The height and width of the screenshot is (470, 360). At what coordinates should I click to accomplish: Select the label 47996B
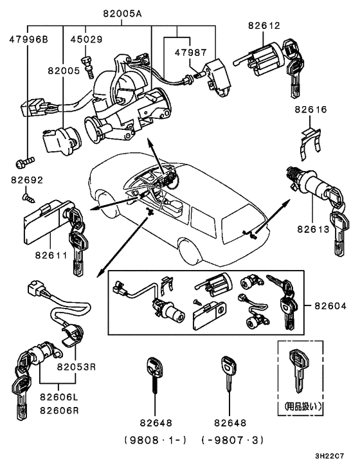click(28, 39)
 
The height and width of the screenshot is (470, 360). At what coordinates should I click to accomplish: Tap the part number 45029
click(85, 39)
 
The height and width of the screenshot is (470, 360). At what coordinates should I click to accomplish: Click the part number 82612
click(264, 25)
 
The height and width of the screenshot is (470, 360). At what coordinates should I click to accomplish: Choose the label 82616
click(311, 109)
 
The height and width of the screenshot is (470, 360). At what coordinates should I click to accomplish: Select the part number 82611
click(51, 255)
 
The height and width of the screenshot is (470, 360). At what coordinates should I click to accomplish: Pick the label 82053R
click(76, 368)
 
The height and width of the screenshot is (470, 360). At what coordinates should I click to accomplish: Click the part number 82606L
click(58, 397)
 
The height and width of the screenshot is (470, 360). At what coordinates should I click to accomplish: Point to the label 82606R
click(58, 410)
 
